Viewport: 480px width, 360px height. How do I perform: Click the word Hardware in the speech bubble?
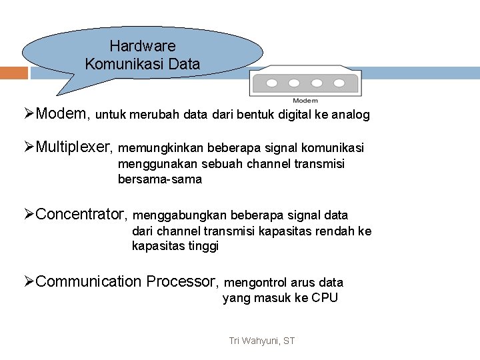[143, 47]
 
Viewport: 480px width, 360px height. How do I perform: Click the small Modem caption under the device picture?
[306, 101]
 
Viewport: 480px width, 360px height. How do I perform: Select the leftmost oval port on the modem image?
[272, 84]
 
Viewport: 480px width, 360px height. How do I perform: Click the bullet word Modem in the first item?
[63, 114]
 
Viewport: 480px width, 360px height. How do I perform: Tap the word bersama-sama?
[160, 179]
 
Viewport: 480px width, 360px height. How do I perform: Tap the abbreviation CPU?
[325, 298]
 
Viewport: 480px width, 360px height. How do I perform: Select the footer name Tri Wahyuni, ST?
[261, 341]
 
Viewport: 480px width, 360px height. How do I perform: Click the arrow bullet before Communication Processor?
[29, 281]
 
